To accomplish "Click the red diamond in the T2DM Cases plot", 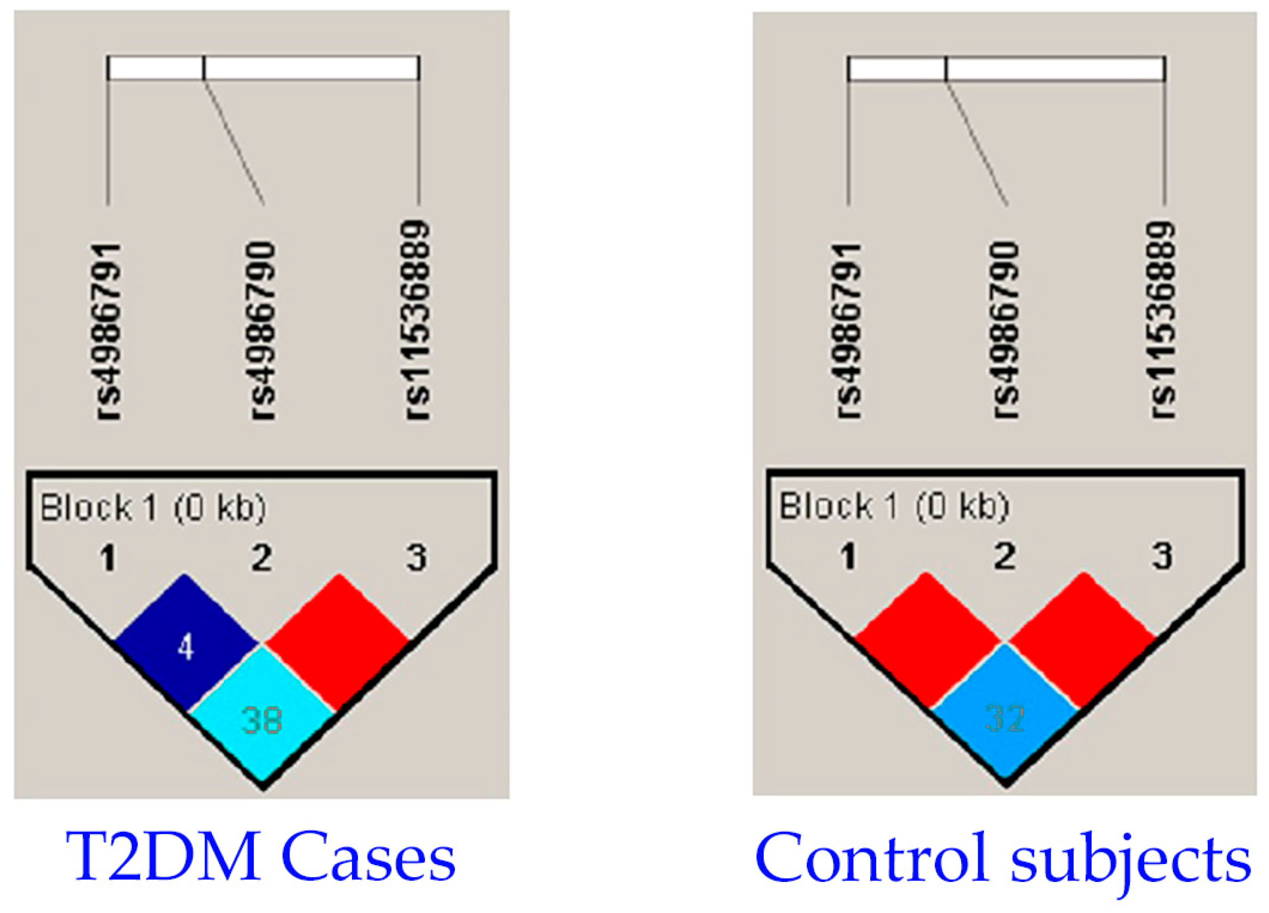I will [337, 642].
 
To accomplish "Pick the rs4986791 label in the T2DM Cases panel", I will [108, 331].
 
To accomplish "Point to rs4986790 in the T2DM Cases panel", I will [263, 331].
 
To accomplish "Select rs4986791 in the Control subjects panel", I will [849, 331].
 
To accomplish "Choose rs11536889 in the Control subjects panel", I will [1163, 320].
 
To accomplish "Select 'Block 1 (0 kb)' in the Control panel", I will [894, 506].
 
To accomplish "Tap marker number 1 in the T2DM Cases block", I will [108, 557].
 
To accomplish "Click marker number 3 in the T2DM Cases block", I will [416, 557].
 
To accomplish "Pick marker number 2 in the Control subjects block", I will [1005, 556].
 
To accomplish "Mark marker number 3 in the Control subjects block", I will [1162, 556].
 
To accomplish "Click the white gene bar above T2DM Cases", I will [263, 67].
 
